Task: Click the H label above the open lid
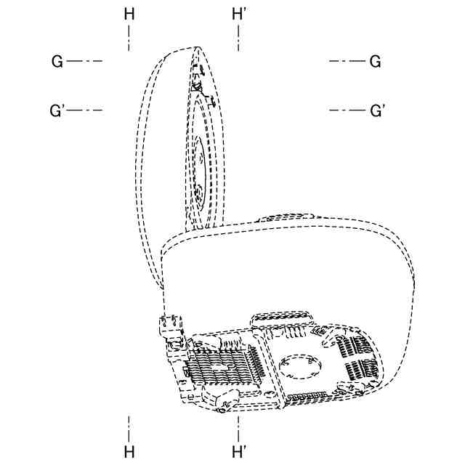[x=129, y=13]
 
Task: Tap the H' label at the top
[x=239, y=13]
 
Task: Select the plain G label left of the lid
[x=57, y=61]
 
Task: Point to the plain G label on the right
[x=375, y=61]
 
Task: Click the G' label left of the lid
[x=58, y=110]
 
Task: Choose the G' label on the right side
[x=377, y=110]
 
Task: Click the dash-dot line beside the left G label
[x=84, y=61]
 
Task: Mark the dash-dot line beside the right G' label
[x=347, y=110]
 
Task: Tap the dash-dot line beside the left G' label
[x=86, y=110]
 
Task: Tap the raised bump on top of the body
[x=288, y=217]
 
